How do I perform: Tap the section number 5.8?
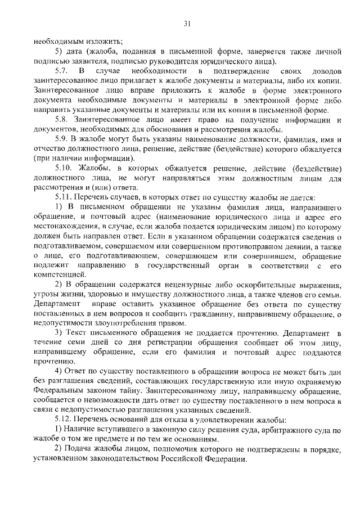pos(61,120)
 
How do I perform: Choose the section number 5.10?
pos(63,168)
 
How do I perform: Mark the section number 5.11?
pos(63,197)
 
